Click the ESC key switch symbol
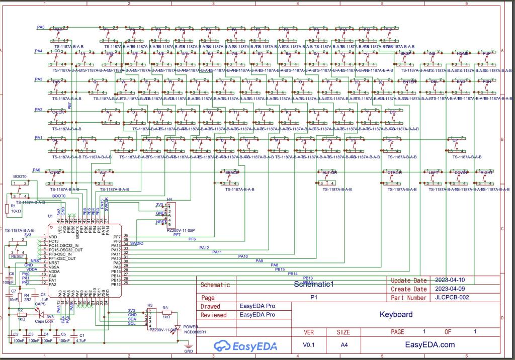tap(58, 33)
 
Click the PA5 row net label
tap(40, 27)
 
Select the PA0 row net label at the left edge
tap(36, 170)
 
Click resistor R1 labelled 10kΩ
tap(7, 208)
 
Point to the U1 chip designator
tap(50, 216)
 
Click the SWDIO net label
tap(136, 243)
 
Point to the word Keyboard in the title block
tap(396, 315)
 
